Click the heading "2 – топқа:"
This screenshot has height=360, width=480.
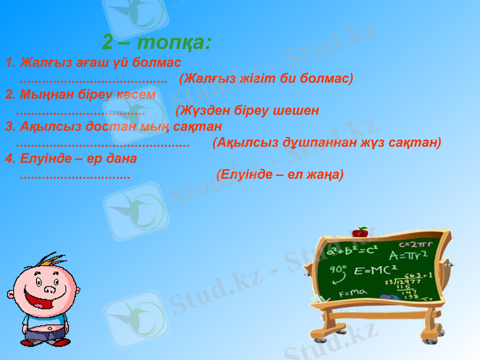click(x=156, y=43)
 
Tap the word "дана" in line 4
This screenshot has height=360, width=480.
click(x=123, y=159)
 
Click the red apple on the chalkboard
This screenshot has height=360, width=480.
click(x=360, y=232)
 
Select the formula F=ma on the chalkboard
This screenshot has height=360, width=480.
click(x=353, y=293)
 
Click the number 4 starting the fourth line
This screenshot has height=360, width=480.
click(x=8, y=159)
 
